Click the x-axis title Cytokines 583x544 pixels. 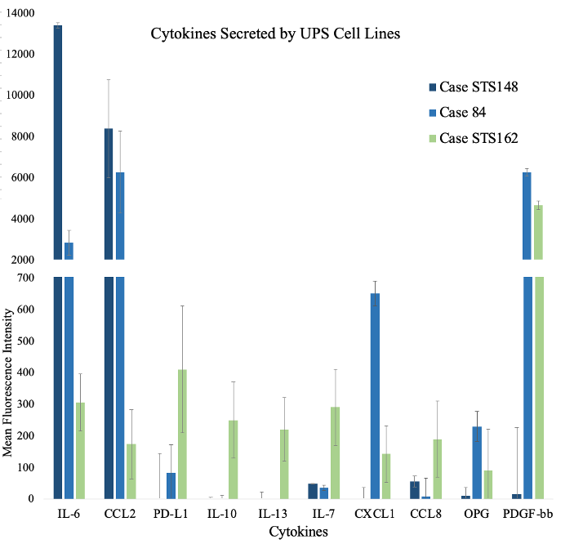(291, 532)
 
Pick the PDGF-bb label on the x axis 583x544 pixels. (545, 513)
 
